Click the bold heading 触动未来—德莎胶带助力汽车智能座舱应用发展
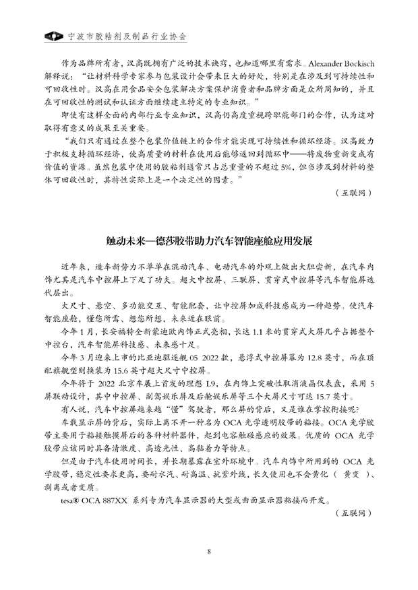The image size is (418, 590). [x=209, y=240]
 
